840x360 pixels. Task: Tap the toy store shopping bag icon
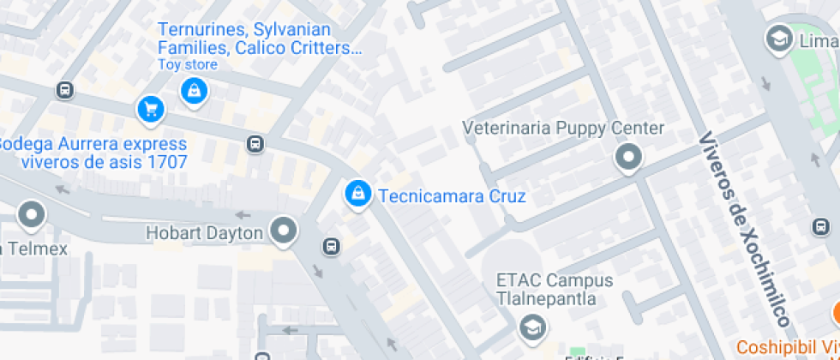[x=194, y=89]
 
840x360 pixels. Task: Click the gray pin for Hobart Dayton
[x=283, y=231]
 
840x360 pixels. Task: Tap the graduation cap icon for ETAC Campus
[x=531, y=326]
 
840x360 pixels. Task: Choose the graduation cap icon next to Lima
[x=778, y=39]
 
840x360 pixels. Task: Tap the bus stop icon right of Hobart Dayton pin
[x=331, y=248]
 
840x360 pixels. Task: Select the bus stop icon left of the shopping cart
[x=64, y=90]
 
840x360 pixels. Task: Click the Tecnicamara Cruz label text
[x=452, y=196]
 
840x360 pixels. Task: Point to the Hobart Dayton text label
[x=204, y=232]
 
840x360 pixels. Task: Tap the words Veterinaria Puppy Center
[x=563, y=129]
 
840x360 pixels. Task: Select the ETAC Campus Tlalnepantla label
[x=555, y=290]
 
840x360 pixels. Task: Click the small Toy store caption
[x=188, y=65]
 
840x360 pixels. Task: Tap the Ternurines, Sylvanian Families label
[x=260, y=38]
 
